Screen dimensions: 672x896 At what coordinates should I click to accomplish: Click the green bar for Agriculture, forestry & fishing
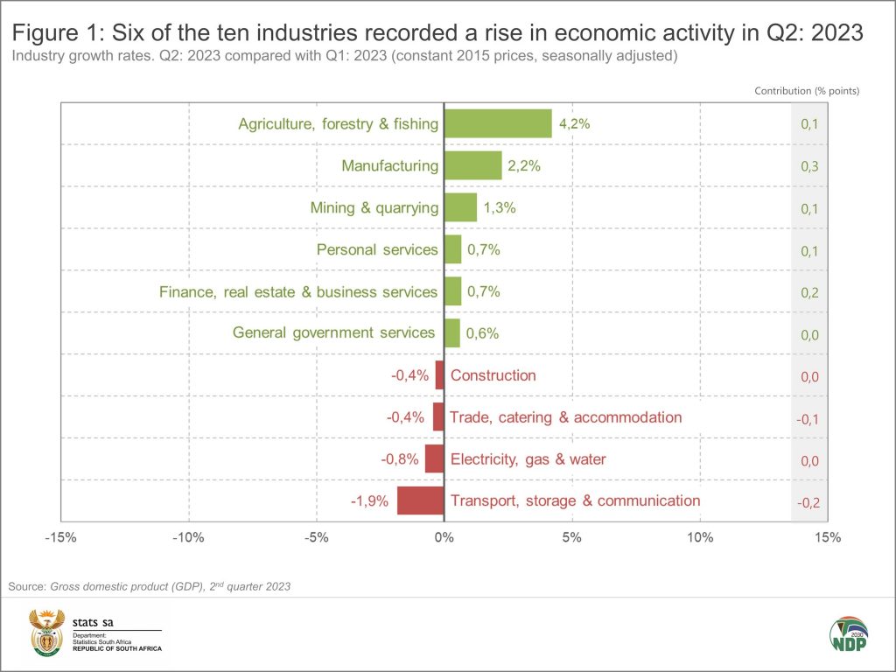(498, 123)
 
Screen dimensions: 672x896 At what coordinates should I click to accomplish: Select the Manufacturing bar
(472, 165)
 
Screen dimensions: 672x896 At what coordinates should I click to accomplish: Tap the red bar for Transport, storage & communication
(420, 501)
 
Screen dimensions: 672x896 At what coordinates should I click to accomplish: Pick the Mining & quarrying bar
(460, 207)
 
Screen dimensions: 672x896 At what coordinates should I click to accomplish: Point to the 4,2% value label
(575, 123)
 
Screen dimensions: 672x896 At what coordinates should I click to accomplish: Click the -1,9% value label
(369, 501)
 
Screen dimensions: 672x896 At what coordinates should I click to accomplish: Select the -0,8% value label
(398, 459)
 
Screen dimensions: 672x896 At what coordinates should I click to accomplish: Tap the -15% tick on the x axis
(60, 537)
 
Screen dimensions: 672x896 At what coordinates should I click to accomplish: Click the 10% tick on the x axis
(700, 537)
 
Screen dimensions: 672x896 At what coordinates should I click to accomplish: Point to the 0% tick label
(444, 537)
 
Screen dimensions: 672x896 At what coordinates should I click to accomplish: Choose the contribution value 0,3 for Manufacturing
(809, 166)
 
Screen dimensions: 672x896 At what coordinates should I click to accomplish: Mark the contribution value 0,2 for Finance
(809, 292)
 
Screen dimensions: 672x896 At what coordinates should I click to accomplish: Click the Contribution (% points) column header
(807, 90)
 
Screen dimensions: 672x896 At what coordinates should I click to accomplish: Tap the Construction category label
(493, 375)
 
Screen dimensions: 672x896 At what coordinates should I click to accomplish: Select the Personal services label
(377, 249)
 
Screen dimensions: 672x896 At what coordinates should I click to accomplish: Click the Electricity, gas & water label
(528, 459)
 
